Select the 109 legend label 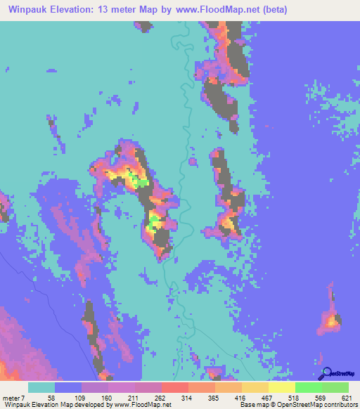coord(81,397)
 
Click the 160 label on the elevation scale coord(108,397)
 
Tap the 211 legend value coord(134,397)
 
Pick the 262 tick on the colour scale coord(161,397)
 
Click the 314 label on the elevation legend coord(188,397)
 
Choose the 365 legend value coord(215,397)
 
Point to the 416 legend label coord(242,397)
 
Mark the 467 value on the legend coord(269,397)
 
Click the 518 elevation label coord(295,397)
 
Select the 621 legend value coord(347,397)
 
